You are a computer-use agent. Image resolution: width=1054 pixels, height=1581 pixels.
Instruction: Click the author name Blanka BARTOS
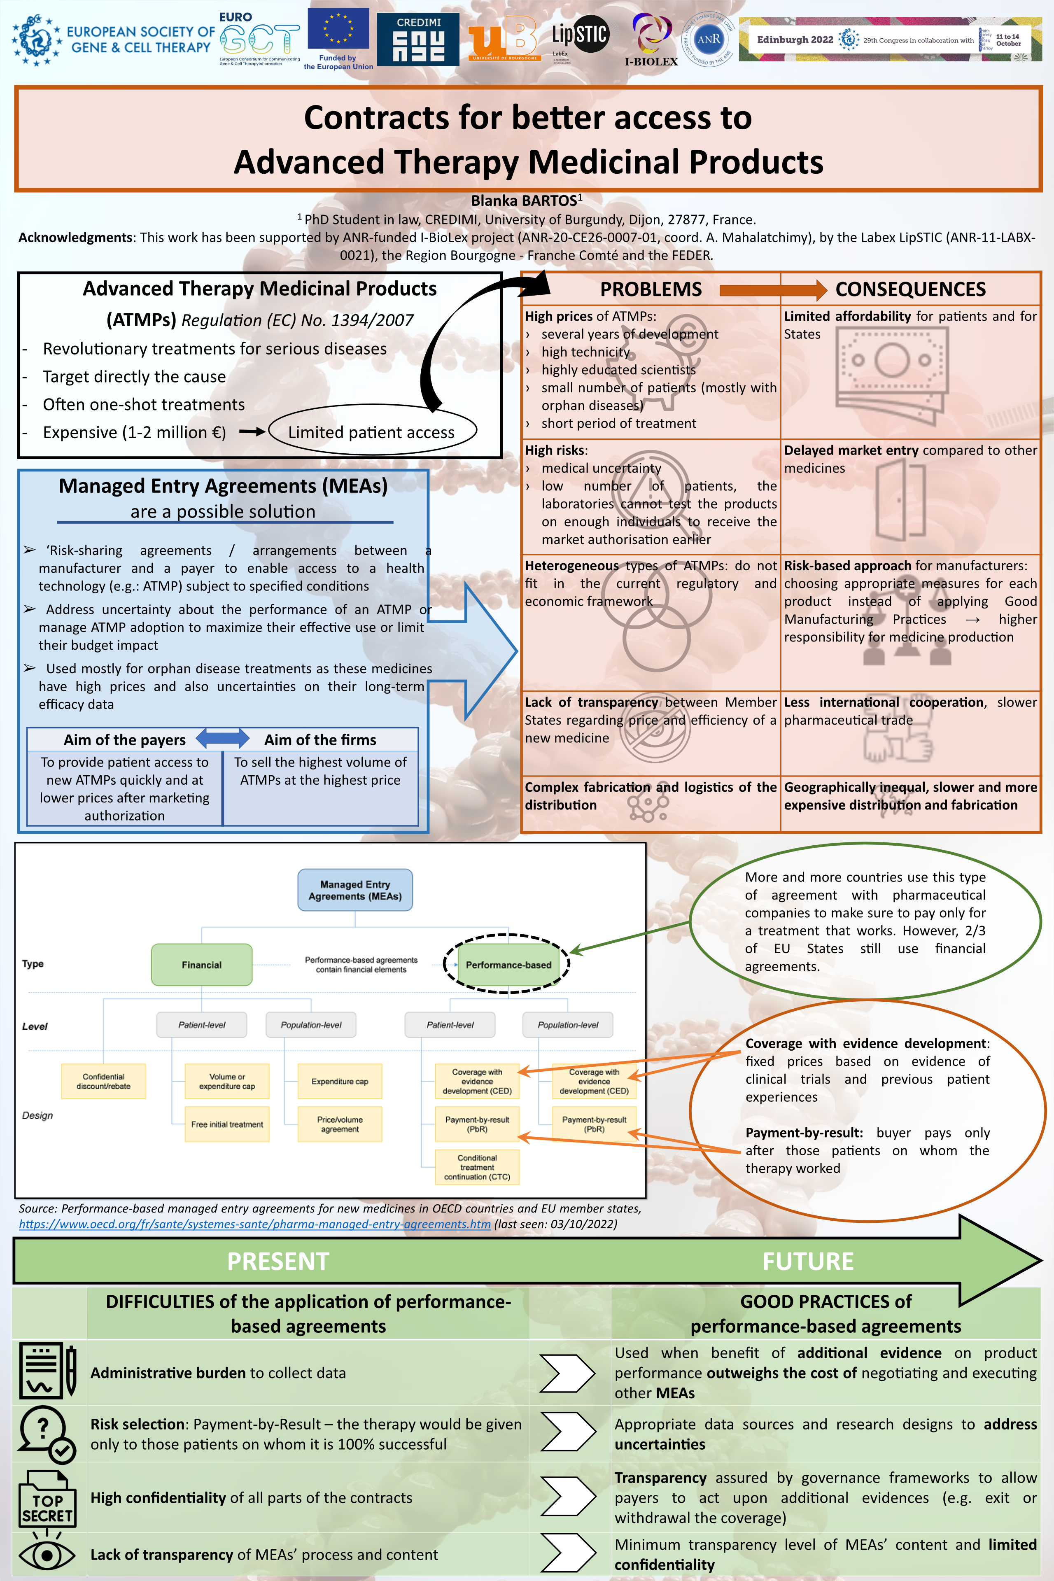[524, 201]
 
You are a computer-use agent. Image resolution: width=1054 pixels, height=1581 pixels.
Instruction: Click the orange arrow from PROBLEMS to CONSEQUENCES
[772, 290]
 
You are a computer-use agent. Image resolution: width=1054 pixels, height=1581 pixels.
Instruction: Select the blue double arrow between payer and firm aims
[222, 739]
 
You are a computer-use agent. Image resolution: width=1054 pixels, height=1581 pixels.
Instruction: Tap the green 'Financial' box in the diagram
[202, 965]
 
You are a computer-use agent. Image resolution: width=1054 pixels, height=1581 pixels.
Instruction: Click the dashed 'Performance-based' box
[508, 965]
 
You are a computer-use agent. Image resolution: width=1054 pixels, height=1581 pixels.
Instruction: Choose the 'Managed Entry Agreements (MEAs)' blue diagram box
[355, 891]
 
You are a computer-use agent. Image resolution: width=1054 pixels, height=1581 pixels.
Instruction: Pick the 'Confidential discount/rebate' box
[103, 1081]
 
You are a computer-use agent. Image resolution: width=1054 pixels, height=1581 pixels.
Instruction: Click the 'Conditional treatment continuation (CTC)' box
[477, 1167]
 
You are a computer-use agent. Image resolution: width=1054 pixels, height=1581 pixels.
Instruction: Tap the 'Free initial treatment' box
[227, 1124]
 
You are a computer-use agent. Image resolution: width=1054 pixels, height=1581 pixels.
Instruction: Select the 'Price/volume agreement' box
[340, 1124]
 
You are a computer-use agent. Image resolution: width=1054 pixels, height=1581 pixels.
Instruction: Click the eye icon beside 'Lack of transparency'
[47, 1555]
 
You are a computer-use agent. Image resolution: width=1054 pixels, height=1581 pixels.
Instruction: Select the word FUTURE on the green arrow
[808, 1262]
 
